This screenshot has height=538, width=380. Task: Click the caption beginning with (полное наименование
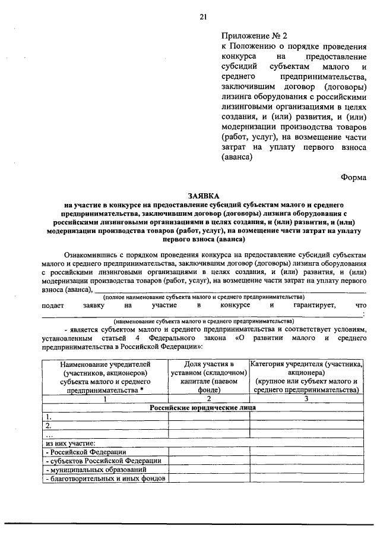[203, 296]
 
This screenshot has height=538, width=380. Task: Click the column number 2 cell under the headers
[208, 399]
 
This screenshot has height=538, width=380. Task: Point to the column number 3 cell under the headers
[307, 399]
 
